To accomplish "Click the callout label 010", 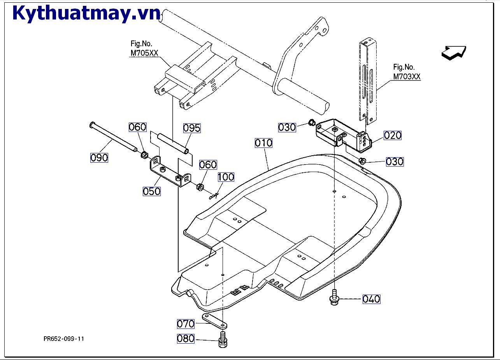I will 263,143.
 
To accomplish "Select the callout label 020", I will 392,135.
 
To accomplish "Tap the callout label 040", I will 371,299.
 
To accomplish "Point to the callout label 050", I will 151,191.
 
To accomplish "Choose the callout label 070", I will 186,324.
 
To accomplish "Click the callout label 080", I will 186,339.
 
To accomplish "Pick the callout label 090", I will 99,158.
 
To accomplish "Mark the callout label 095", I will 192,128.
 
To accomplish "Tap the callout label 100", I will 226,177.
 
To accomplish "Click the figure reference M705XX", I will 144,53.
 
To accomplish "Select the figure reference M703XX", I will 407,77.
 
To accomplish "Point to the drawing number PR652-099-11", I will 64,339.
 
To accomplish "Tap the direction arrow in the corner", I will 454,53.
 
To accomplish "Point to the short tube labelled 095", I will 172,142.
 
